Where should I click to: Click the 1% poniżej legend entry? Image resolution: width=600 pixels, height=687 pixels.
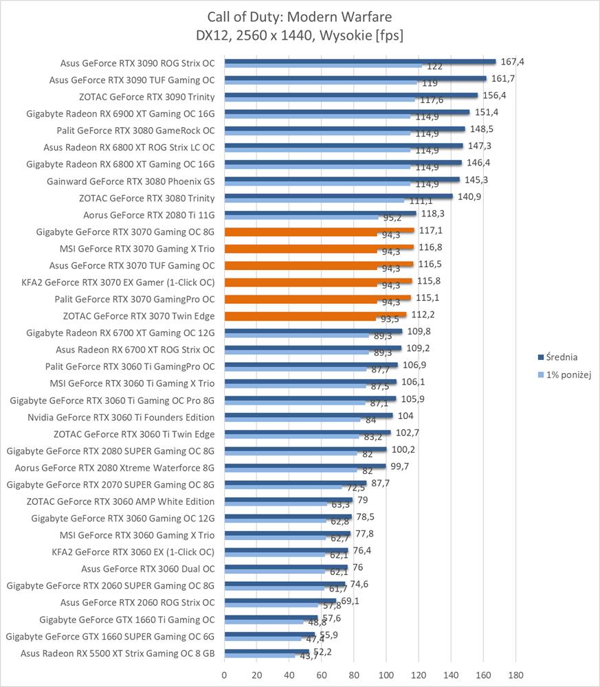coord(564,374)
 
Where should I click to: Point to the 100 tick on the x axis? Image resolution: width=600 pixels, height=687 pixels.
coord(386,674)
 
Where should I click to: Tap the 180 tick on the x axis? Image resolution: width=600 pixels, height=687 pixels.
coord(515,674)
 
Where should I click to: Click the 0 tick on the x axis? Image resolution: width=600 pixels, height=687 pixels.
coord(225,674)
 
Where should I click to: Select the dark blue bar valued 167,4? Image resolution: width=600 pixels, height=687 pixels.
coord(359,62)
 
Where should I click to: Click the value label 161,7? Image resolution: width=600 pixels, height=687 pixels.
coord(501,78)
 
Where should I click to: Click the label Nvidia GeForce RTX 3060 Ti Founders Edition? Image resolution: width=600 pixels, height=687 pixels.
coord(121,417)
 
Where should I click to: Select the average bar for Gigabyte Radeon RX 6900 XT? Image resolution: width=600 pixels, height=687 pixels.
coord(346,112)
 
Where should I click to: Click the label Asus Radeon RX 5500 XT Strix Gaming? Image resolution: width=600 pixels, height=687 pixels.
coord(118,653)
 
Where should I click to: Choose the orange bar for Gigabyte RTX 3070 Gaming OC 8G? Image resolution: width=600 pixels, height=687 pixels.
coord(319,231)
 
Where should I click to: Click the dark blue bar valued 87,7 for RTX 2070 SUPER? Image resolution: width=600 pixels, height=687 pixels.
coord(296,484)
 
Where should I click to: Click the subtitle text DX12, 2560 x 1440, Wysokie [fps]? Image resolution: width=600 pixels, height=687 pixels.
coord(300,34)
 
